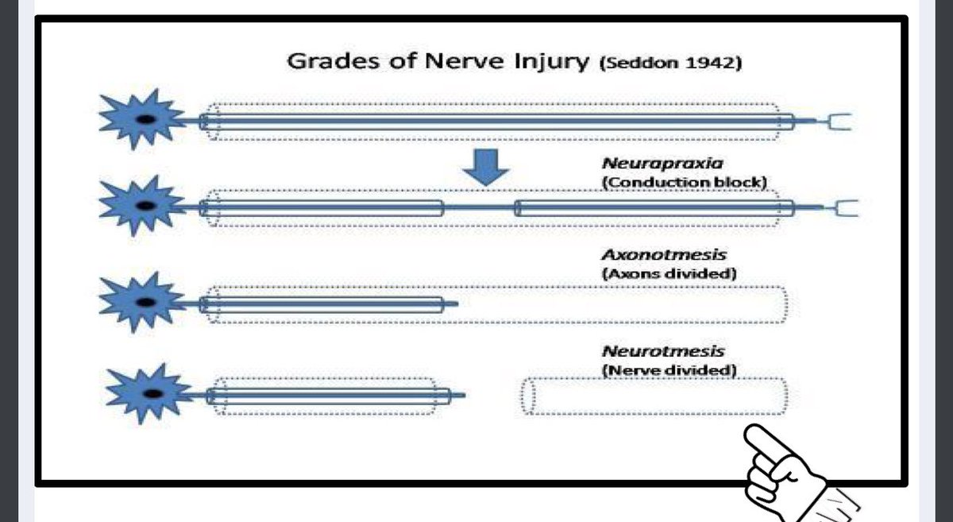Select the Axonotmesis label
click(664, 255)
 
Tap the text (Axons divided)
click(669, 273)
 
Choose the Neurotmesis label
click(663, 351)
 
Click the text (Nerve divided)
click(669, 369)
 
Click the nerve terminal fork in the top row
click(838, 122)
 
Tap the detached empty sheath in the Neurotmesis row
click(654, 396)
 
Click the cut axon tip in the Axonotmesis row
click(453, 304)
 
